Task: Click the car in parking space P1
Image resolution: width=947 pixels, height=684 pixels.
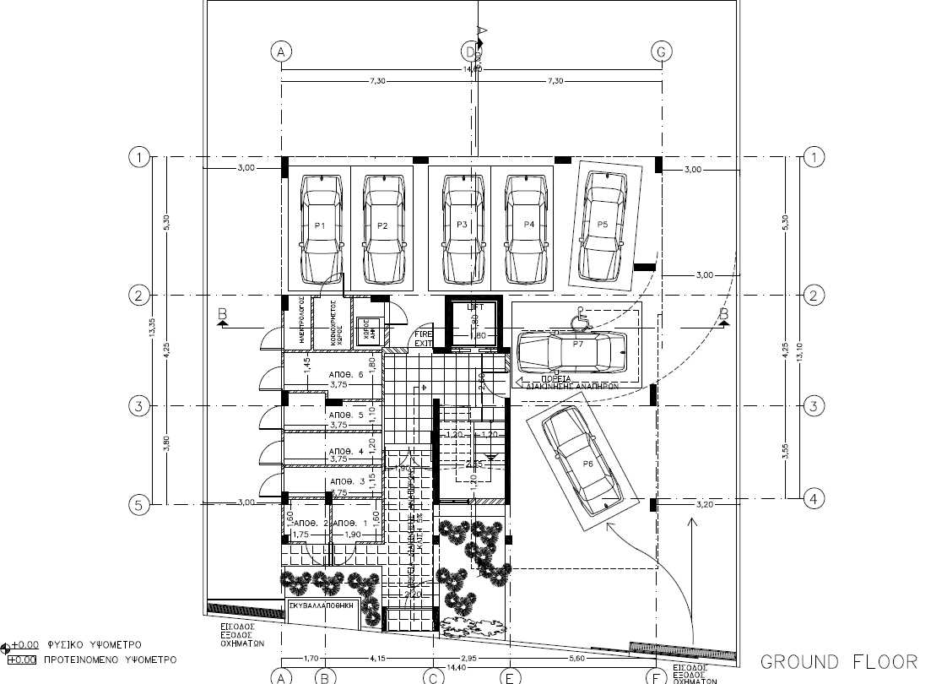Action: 321,226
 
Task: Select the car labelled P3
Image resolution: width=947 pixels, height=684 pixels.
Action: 462,226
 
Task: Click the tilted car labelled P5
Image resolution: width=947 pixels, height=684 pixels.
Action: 603,225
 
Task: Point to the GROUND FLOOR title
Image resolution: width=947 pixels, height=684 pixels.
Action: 839,660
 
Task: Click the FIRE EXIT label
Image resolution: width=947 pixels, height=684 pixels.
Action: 423,339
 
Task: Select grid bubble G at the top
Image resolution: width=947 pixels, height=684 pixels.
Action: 662,52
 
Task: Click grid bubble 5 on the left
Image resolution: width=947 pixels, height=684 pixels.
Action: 139,504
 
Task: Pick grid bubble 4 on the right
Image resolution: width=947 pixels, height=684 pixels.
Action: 813,497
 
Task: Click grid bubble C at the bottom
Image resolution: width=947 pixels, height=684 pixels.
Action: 432,676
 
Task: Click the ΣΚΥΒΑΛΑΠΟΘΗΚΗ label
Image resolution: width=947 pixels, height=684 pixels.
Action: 323,606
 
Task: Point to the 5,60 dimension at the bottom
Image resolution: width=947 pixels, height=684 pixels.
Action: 577,658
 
